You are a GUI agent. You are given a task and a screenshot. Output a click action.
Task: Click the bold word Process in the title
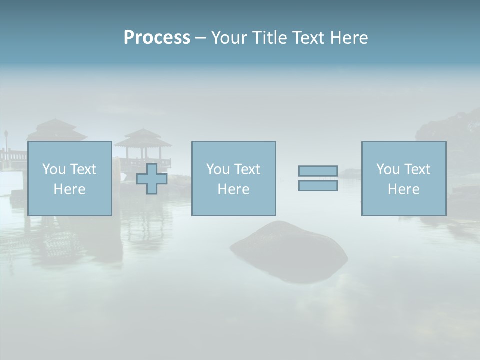157,38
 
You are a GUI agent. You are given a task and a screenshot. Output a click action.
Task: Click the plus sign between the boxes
152,179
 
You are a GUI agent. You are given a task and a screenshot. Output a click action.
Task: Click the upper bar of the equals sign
318,171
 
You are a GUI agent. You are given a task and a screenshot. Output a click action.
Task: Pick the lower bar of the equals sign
318,185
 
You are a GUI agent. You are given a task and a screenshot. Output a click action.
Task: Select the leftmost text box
69,178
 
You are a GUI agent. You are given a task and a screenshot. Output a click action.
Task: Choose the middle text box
233,178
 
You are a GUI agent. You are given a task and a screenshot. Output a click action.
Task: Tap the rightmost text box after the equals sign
403,178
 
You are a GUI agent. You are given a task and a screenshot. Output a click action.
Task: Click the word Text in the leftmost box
83,169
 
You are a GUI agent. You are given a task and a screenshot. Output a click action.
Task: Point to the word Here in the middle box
233,189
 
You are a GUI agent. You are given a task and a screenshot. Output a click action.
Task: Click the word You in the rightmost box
388,169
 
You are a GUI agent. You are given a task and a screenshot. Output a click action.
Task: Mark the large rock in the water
289,253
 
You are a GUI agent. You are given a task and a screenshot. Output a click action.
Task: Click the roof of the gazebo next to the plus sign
143,136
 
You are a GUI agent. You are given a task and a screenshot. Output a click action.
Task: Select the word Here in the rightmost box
403,189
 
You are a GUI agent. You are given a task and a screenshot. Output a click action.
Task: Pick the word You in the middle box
218,169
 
